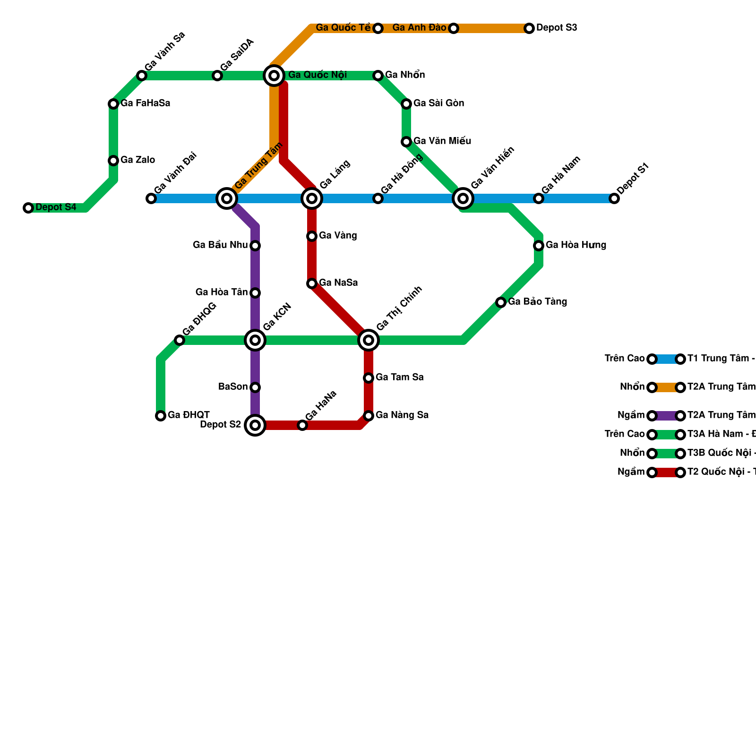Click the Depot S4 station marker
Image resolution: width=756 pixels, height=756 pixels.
pos(28,208)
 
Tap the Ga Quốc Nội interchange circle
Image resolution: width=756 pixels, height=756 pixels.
pos(274,76)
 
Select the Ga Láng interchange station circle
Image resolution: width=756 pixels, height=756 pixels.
pos(312,198)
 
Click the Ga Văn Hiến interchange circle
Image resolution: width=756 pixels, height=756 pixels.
pos(463,198)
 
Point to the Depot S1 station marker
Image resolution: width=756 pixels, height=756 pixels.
pos(614,198)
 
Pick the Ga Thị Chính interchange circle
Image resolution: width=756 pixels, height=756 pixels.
pos(369,340)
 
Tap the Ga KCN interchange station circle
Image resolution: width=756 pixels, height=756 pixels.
pos(255,340)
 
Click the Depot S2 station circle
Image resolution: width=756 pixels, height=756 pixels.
pos(255,425)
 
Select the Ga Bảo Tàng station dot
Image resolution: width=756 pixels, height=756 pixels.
pos(501,302)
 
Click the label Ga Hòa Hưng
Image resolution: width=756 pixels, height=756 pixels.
pos(576,245)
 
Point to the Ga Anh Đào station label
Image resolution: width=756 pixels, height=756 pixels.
pos(419,28)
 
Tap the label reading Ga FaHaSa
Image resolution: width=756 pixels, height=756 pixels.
pos(145,103)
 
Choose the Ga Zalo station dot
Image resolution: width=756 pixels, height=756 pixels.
pos(113,161)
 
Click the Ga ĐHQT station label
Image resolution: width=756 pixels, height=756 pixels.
pos(189,415)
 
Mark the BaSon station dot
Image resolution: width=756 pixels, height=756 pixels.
pos(255,387)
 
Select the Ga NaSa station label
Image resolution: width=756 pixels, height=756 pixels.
pos(338,283)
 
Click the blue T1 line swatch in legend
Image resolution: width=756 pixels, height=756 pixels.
pos(666,359)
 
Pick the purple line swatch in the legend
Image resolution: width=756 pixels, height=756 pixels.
pos(666,416)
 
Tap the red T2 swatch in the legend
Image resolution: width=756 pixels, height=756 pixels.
pos(666,472)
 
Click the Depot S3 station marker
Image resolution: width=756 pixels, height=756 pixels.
pos(529,28)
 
